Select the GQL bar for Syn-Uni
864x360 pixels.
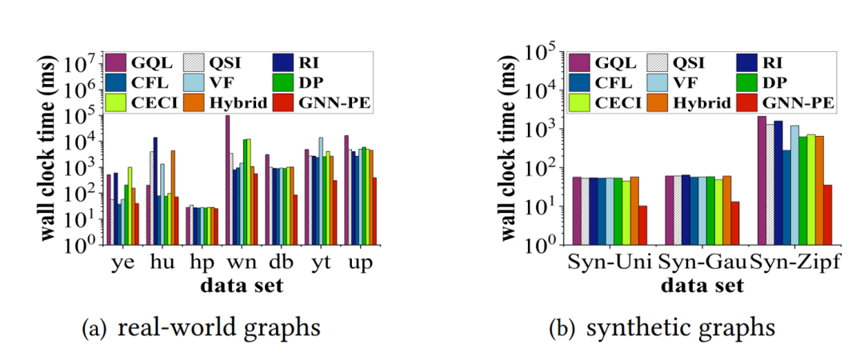576,210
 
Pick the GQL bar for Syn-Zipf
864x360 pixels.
761,180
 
